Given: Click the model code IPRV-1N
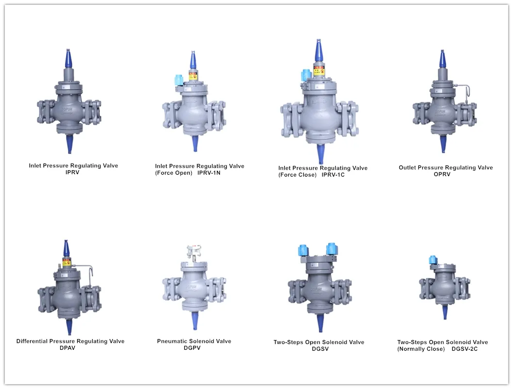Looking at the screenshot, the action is [x=209, y=173].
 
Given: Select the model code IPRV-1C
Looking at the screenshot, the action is [x=333, y=175].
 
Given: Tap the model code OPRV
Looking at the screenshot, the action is [x=442, y=174].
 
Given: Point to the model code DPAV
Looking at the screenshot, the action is [x=67, y=348].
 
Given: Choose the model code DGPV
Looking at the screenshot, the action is [x=192, y=348].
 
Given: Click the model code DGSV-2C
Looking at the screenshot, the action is [x=464, y=349].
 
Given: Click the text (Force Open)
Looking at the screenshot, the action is [x=174, y=173].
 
